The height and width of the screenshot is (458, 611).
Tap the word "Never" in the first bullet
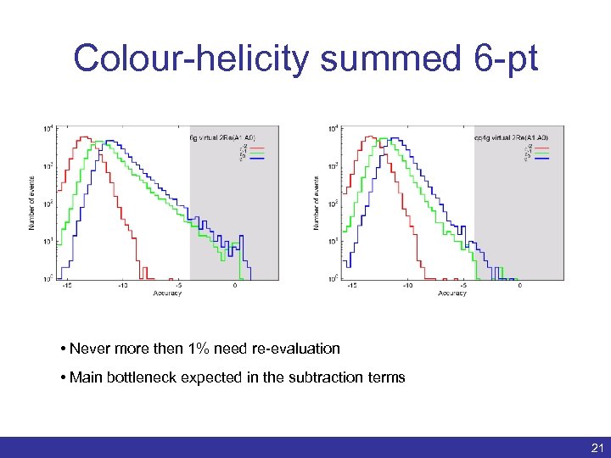click(x=87, y=349)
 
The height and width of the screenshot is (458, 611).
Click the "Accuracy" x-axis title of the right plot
click(x=451, y=293)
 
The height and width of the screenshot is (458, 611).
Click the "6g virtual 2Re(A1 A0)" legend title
click(x=221, y=137)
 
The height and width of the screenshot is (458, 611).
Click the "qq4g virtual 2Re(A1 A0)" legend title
click(x=510, y=137)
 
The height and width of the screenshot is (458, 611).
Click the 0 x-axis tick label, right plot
click(x=519, y=286)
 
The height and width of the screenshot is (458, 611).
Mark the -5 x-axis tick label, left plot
click(x=178, y=286)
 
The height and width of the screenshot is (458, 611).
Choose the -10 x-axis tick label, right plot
click(x=408, y=286)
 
